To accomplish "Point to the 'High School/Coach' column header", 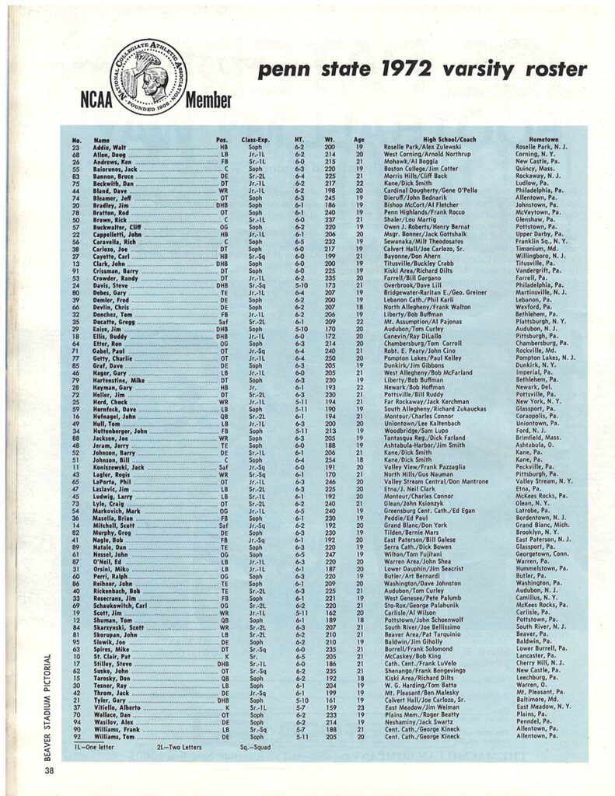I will pos(413,140).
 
